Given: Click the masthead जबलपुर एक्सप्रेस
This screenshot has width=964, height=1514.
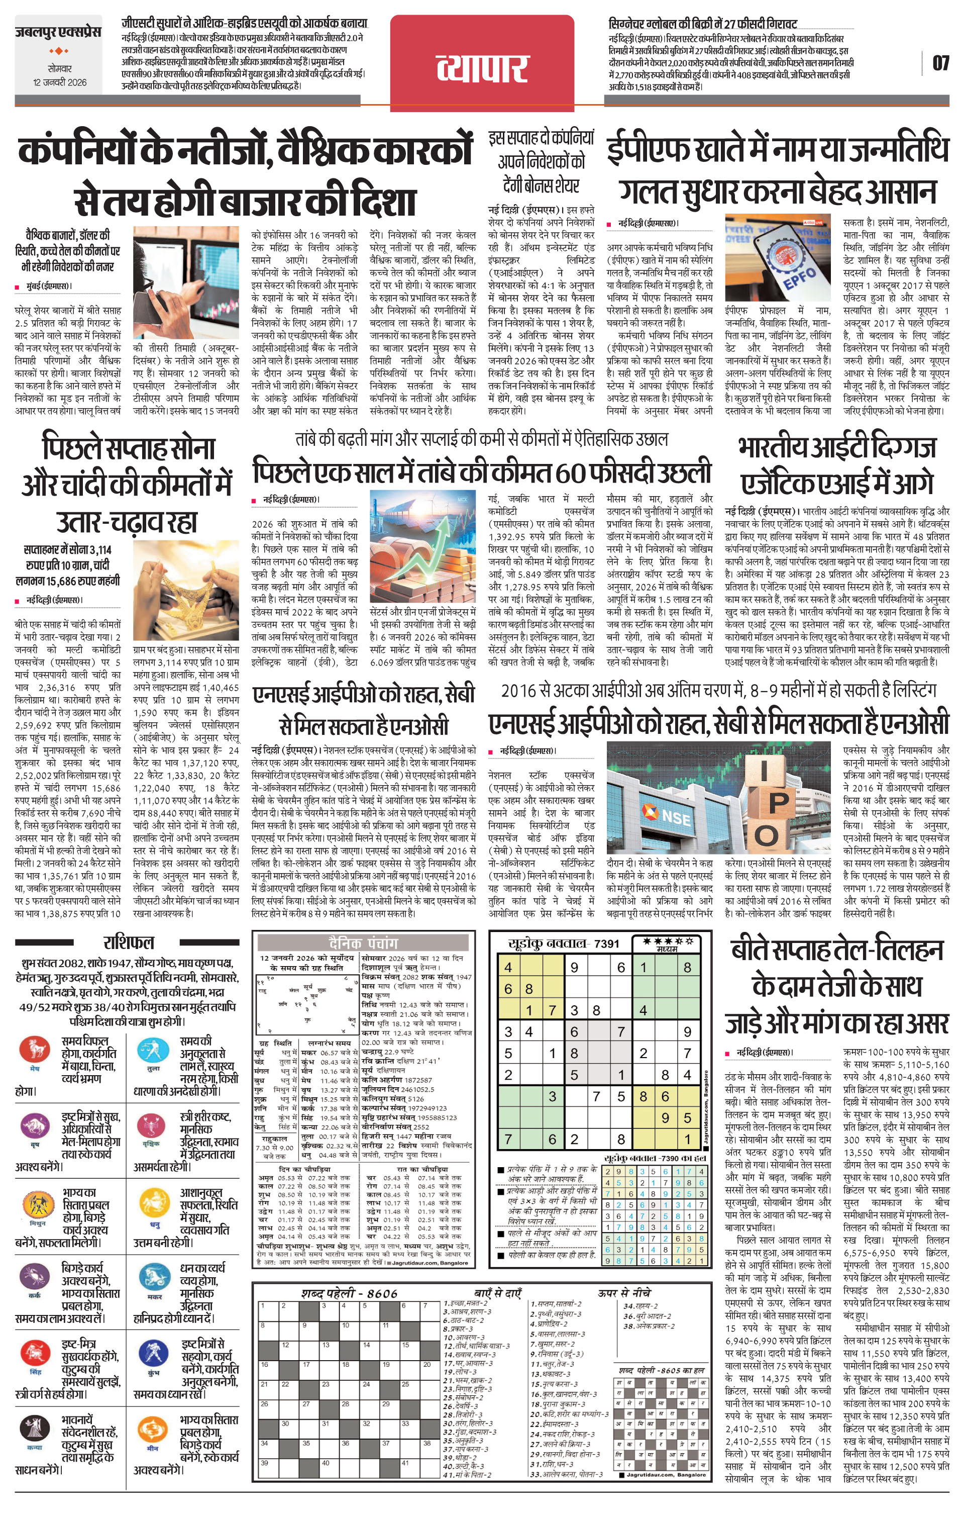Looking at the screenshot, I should pyautogui.click(x=58, y=33).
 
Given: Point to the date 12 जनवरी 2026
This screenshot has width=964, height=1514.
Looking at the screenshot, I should pyautogui.click(x=60, y=82).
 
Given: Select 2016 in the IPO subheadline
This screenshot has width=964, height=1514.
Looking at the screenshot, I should pyautogui.click(x=517, y=690).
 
